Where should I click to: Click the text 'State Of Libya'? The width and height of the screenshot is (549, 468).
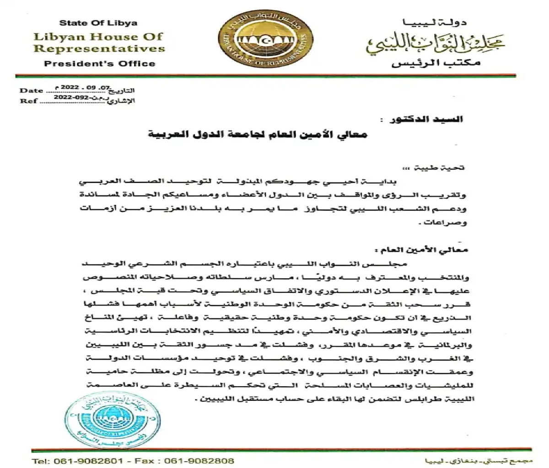[98, 23]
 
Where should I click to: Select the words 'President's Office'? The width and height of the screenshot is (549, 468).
[99, 64]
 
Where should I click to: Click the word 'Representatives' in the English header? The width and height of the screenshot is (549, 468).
[99, 48]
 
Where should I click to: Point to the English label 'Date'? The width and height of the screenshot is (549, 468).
[31, 90]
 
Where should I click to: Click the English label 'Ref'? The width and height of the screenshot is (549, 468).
[29, 101]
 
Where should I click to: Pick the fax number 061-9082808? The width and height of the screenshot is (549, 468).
[199, 461]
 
